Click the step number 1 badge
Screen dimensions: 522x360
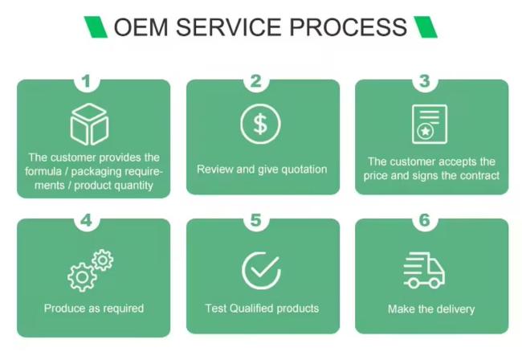87,81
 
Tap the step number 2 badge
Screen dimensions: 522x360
256,81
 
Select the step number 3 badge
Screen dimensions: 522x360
425,81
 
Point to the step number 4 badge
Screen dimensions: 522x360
87,220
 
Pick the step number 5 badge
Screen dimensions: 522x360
256,220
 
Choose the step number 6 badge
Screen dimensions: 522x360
425,220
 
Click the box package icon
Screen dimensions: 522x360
90,125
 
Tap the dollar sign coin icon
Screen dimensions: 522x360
261,124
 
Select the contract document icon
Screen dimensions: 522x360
430,124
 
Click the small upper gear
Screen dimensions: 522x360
103,260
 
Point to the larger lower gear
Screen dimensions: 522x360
82,277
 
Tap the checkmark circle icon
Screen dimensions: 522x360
262,271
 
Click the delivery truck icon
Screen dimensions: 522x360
424,270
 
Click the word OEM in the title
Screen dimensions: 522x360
141,27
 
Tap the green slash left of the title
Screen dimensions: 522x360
96,27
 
